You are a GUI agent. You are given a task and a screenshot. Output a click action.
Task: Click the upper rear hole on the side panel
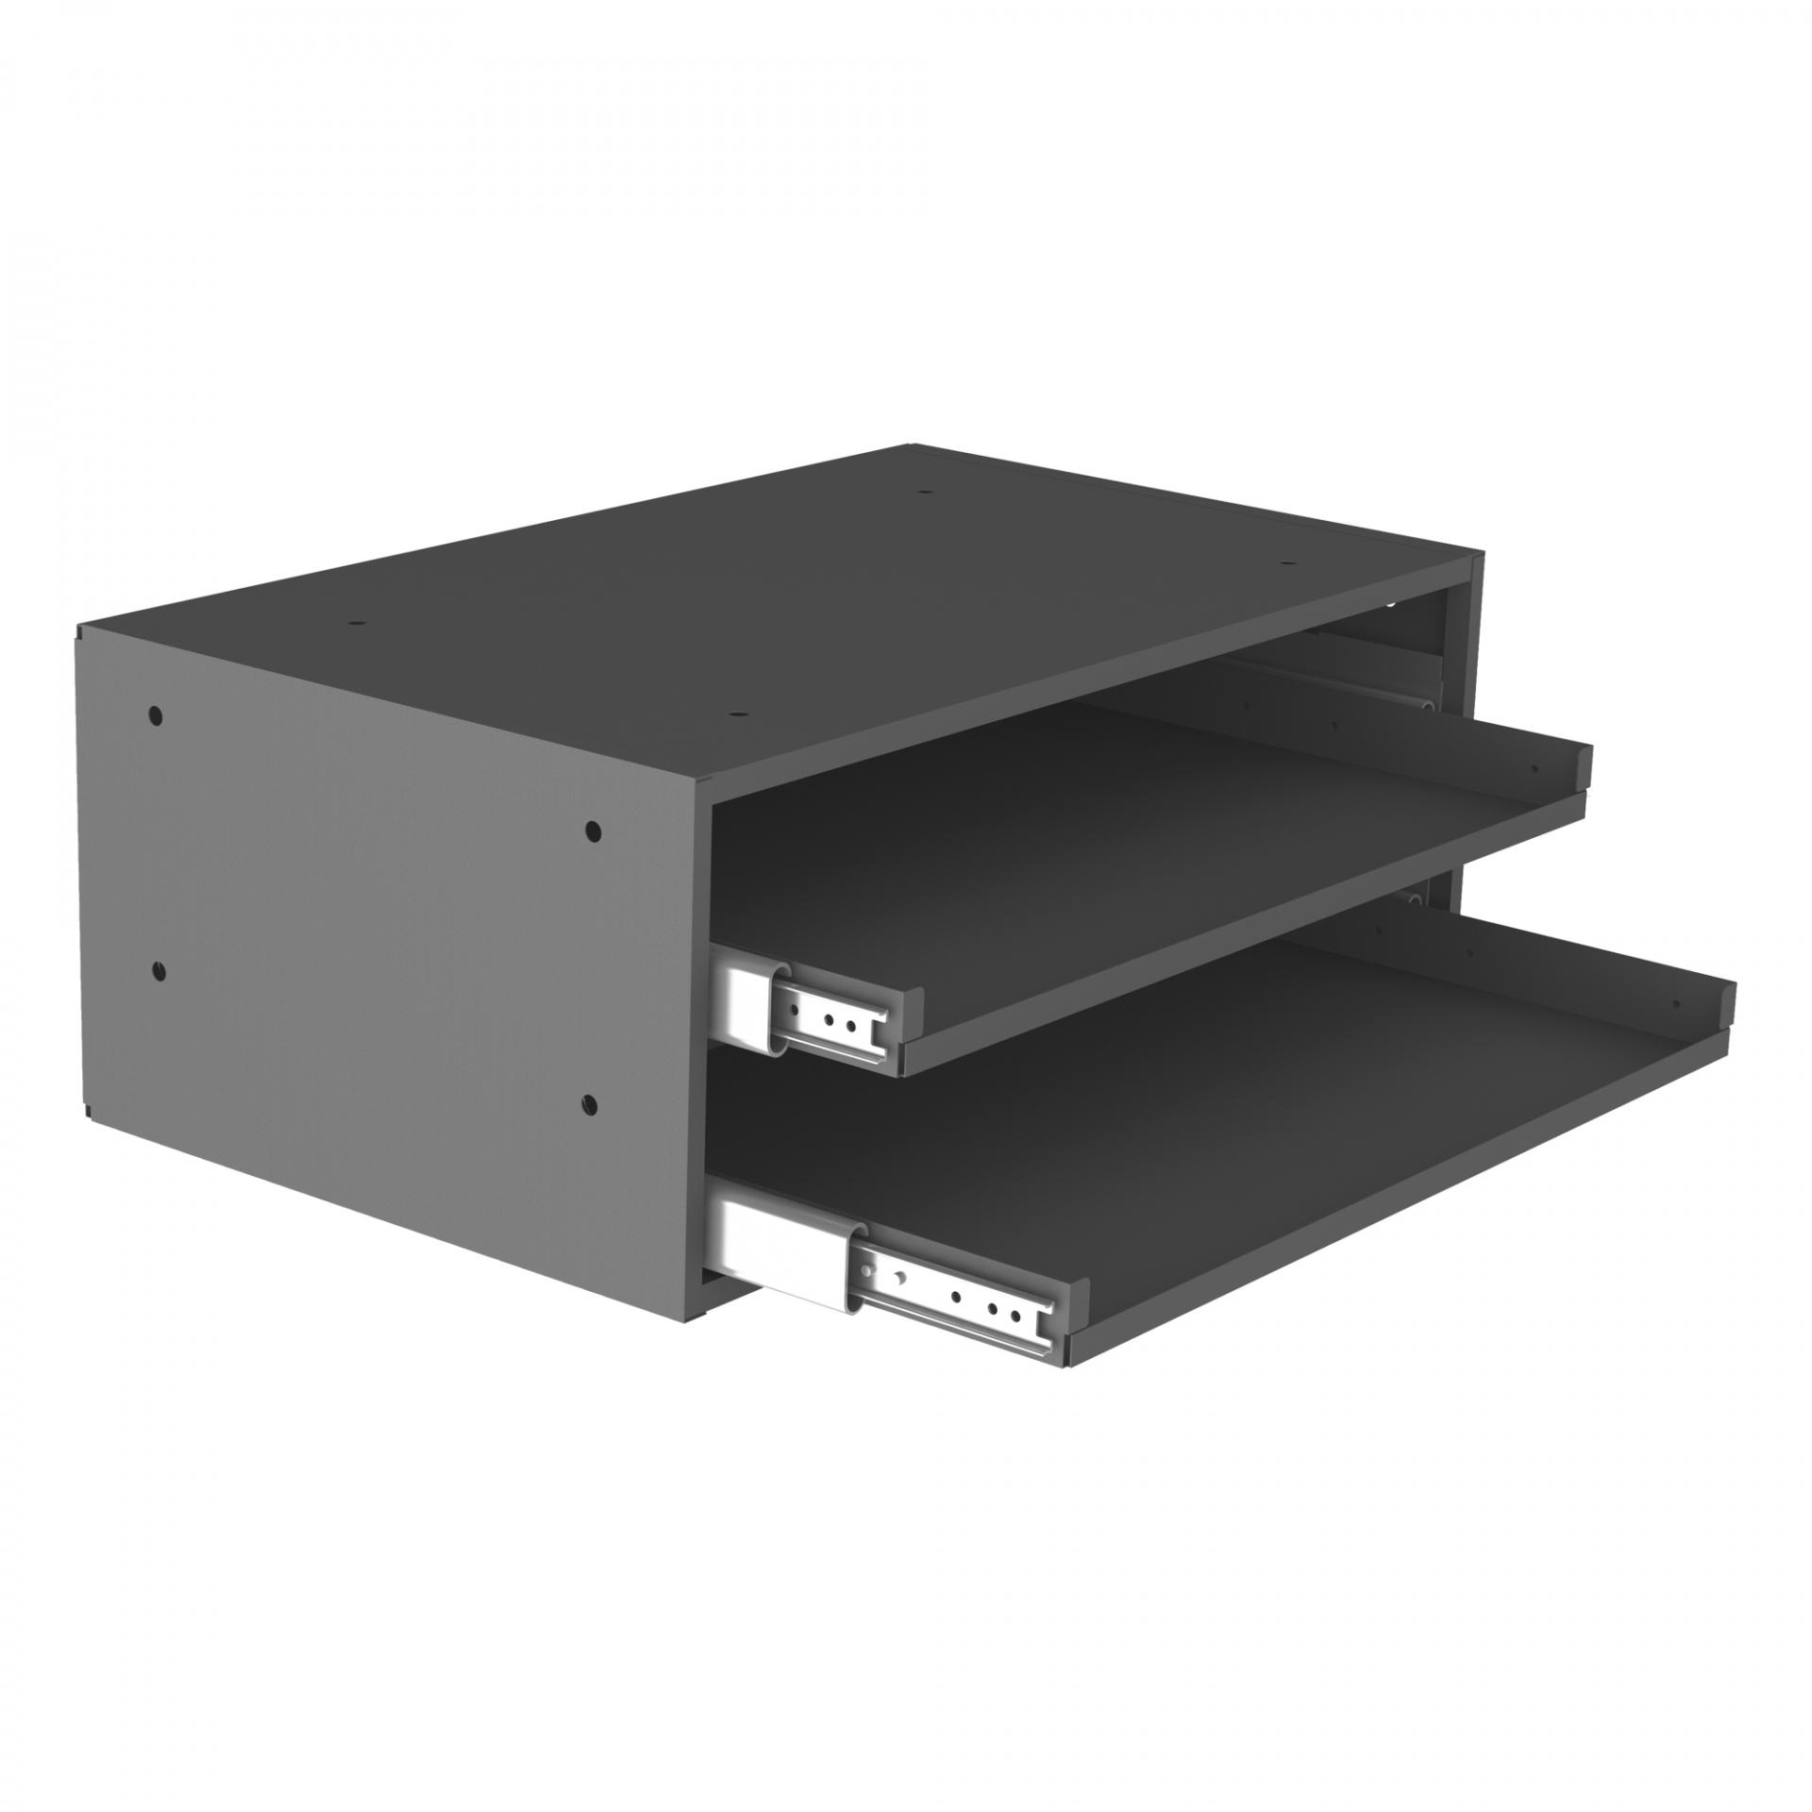coord(156,714)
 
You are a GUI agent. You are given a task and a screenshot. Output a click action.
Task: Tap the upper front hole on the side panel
coord(592,830)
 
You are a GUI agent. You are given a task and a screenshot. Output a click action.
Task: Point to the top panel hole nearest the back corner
coord(925,493)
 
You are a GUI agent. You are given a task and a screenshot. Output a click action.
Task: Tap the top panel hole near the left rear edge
coord(356,624)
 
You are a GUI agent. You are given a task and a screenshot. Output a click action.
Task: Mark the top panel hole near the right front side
coord(1287,563)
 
